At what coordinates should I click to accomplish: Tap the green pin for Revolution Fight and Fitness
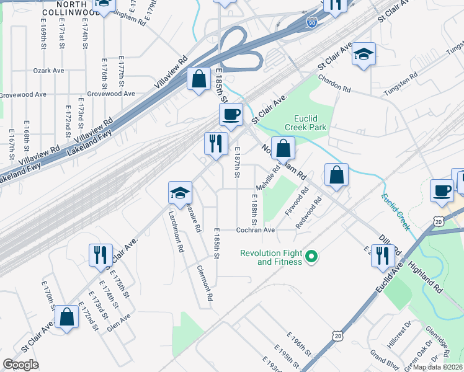[x=313, y=255]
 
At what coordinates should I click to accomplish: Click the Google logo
[x=20, y=365]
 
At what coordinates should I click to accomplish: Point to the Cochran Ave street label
[x=255, y=229]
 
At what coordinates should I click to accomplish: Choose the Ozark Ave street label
[x=49, y=71]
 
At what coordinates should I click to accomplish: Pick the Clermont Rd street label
[x=205, y=284]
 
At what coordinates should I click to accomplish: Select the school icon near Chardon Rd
[x=364, y=54]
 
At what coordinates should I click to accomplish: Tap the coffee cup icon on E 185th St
[x=231, y=114]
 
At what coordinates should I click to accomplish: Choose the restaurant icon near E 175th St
[x=99, y=254]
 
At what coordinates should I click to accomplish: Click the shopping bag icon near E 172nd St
[x=66, y=316]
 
